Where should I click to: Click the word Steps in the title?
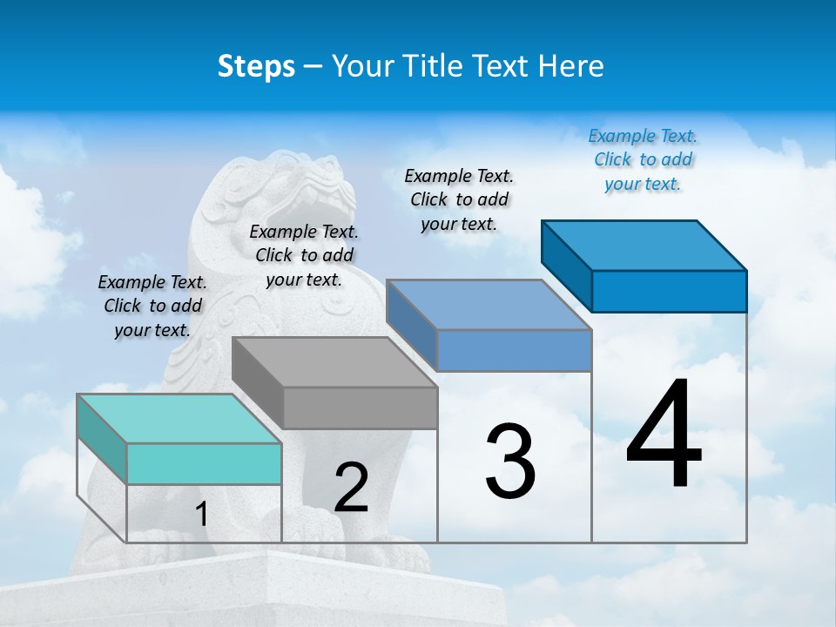(256, 66)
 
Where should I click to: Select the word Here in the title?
(570, 66)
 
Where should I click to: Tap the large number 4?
(664, 435)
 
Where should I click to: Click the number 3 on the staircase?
(510, 462)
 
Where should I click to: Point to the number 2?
(352, 488)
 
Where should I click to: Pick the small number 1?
(201, 515)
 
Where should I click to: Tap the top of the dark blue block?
(644, 245)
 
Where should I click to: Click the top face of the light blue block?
(489, 304)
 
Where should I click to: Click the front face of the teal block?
(204, 463)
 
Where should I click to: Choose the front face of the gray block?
(360, 408)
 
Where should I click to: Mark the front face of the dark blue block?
(669, 291)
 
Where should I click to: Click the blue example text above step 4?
(643, 159)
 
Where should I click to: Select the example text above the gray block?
(304, 255)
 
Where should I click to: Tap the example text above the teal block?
(152, 306)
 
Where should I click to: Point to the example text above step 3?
(459, 199)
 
